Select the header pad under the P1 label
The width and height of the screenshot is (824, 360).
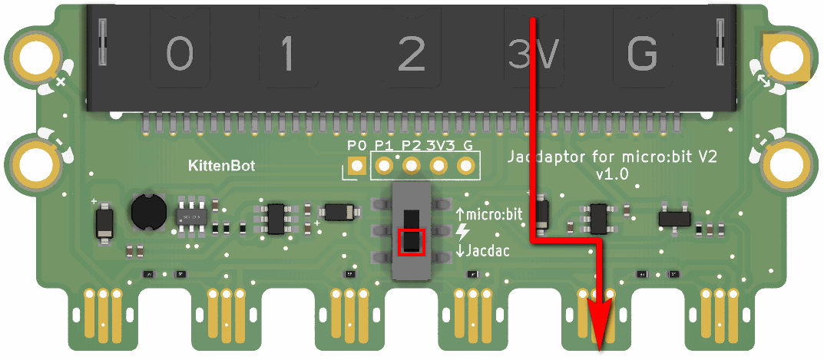pos(383,165)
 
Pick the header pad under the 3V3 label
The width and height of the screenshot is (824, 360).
pos(438,165)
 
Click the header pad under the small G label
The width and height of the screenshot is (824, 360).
pos(465,165)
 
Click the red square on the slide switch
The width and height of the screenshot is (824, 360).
pos(412,241)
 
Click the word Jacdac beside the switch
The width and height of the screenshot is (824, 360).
pos(486,250)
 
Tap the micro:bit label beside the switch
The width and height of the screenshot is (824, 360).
pos(491,215)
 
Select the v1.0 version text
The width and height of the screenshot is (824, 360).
pos(612,174)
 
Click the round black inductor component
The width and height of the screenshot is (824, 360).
pos(148,211)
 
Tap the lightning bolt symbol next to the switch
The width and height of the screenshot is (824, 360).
pos(462,232)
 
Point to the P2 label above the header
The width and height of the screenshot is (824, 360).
pos(411,145)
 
